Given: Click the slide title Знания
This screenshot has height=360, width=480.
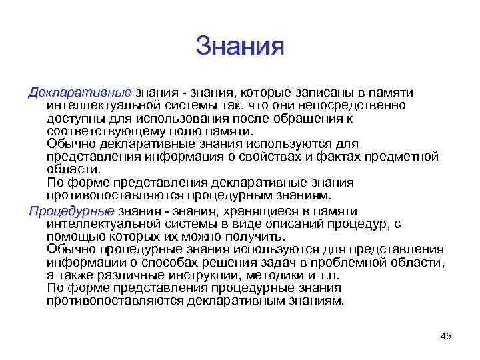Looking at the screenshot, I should click(240, 46).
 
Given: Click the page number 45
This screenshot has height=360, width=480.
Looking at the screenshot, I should click(446, 336).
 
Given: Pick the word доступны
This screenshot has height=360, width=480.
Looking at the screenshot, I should click(73, 117).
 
